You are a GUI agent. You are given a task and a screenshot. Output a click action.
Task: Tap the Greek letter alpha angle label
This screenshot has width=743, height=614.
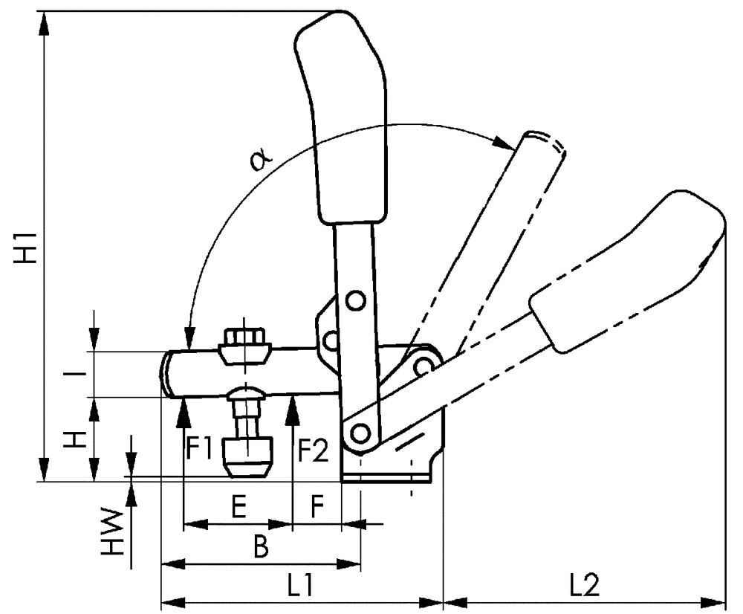click(261, 158)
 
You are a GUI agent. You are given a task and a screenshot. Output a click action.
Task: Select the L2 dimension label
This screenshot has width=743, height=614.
click(585, 584)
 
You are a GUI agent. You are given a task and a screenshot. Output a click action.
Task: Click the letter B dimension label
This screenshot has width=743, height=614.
click(260, 548)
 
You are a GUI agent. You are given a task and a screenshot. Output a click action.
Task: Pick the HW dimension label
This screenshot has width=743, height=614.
click(111, 532)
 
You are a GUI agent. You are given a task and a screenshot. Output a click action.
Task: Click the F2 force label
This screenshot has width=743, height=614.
click(313, 449)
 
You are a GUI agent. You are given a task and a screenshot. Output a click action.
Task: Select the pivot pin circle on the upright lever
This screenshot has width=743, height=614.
click(356, 300)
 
